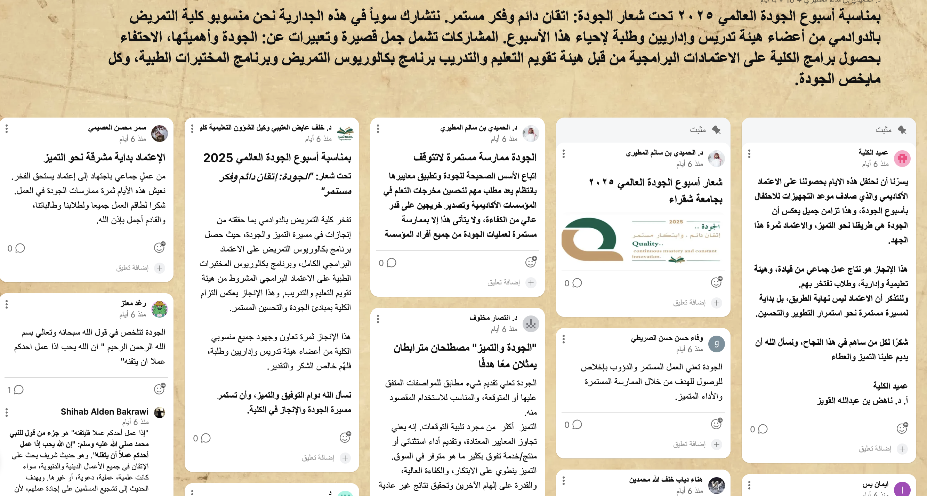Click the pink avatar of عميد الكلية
click(902, 158)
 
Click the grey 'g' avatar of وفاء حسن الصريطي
click(716, 344)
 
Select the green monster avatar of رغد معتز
click(159, 309)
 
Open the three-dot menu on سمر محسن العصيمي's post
click(7, 128)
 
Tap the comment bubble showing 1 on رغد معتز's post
click(19, 390)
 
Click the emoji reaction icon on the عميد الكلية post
click(902, 428)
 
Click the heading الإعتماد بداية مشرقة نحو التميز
click(105, 157)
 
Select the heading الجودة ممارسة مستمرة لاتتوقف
click(475, 157)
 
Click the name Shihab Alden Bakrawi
click(104, 411)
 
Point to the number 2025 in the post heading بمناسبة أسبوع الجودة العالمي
click(218, 158)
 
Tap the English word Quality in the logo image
click(646, 244)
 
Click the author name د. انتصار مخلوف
click(493, 318)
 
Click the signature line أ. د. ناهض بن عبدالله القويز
click(862, 401)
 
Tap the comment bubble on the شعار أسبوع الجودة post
click(577, 283)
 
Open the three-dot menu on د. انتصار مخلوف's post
click(378, 319)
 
